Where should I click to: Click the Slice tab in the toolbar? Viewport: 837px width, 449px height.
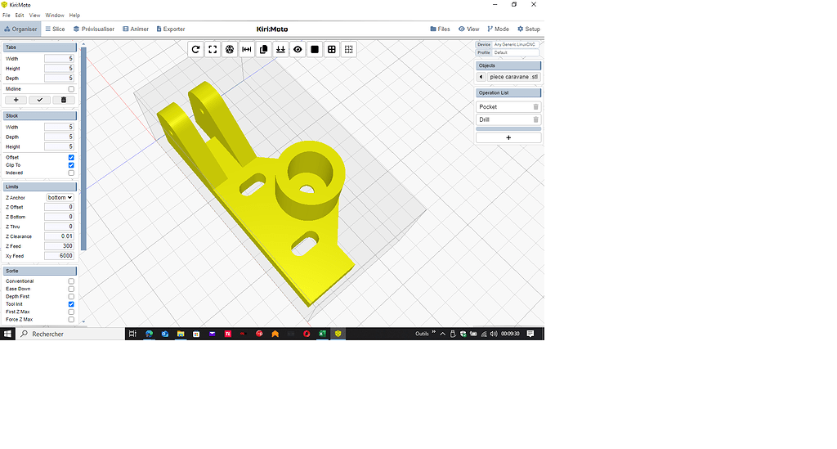click(x=55, y=29)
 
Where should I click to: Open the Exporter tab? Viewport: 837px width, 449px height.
click(x=169, y=29)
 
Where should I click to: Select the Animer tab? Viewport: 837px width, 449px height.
click(x=136, y=29)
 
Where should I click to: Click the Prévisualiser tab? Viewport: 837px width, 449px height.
click(x=94, y=29)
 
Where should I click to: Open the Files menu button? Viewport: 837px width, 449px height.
click(x=440, y=29)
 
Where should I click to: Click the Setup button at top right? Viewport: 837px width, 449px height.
click(x=528, y=29)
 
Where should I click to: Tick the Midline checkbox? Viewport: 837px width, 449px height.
click(x=71, y=88)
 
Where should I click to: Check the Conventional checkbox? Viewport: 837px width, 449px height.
click(x=71, y=281)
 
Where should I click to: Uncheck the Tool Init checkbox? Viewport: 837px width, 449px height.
click(x=71, y=304)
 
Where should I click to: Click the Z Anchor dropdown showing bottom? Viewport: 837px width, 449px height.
click(x=60, y=197)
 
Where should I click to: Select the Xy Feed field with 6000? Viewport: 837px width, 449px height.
click(x=59, y=256)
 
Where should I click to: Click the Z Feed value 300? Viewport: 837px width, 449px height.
click(x=59, y=246)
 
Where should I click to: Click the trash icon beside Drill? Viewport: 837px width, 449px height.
click(x=536, y=119)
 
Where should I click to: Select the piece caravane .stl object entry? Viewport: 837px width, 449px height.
click(x=513, y=77)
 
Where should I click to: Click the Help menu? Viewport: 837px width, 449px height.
click(x=74, y=15)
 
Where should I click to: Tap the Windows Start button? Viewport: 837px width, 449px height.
click(x=7, y=334)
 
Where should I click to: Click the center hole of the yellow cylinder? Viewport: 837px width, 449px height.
click(x=307, y=188)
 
